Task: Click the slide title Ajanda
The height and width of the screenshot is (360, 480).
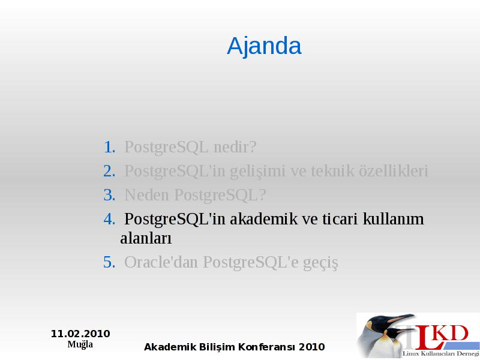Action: tap(264, 46)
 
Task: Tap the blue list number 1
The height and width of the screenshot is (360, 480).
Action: tap(110, 147)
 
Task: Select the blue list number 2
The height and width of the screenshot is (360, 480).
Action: tap(109, 171)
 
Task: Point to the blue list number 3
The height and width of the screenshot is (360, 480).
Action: tap(109, 195)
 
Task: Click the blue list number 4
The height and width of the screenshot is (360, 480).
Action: tap(109, 219)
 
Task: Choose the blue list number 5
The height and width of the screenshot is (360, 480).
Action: tap(109, 262)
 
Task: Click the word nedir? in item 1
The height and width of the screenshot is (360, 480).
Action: tap(235, 147)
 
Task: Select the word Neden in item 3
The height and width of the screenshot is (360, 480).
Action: tap(146, 195)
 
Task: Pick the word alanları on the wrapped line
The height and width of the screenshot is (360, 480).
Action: tap(146, 238)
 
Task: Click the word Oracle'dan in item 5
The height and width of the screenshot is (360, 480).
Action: tap(161, 262)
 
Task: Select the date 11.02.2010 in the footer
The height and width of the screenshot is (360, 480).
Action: tap(80, 334)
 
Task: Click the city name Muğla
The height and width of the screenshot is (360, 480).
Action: tap(80, 344)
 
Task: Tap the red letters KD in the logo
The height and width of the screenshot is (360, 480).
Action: tap(451, 334)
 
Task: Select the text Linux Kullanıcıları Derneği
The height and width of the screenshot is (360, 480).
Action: tap(441, 354)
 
